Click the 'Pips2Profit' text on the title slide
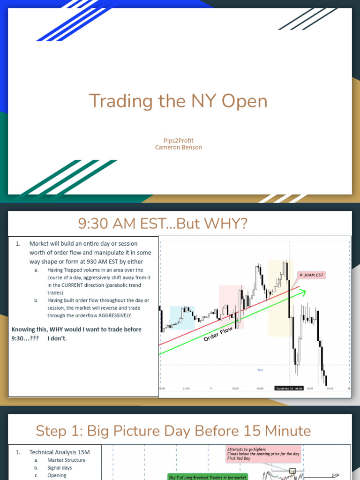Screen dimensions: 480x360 179,140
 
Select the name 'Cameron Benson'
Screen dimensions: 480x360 179,147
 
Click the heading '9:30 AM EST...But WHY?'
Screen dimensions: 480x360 163,224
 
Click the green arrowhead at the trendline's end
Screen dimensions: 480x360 303,292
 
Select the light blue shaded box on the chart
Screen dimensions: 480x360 182,317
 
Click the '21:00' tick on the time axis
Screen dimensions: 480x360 186,388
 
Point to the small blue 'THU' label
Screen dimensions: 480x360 260,370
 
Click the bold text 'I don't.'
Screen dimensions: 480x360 57,338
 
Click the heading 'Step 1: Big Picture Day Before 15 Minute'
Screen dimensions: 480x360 173,430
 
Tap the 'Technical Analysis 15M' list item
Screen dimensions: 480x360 60,452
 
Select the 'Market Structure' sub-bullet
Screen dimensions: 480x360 66,460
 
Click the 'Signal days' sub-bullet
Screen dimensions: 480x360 60,468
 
